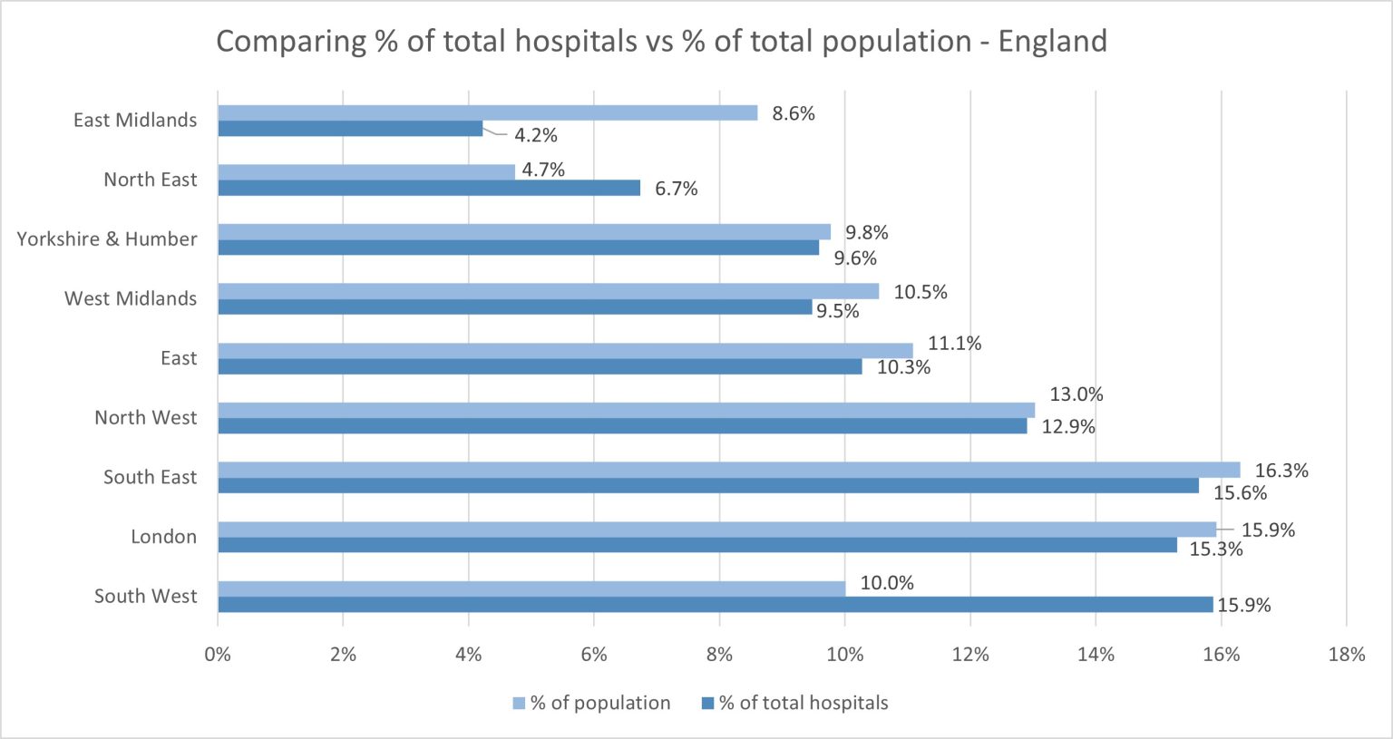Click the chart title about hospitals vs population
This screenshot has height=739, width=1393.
[661, 42]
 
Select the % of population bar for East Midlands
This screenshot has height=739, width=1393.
[487, 112]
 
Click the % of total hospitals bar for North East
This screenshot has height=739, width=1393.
[429, 188]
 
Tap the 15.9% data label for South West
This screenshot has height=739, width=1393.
[1243, 606]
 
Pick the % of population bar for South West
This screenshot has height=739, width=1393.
[531, 588]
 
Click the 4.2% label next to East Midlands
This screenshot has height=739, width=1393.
[536, 136]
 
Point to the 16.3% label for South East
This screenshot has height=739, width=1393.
[1281, 471]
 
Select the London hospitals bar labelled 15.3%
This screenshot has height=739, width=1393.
[697, 545]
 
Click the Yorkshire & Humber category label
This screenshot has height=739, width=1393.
[107, 239]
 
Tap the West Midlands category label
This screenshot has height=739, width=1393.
[131, 298]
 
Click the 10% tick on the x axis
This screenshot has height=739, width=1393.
[844, 655]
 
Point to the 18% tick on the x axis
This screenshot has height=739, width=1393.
[1346, 655]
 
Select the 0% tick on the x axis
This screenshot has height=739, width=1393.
[218, 655]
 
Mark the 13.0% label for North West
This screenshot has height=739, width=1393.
[1076, 394]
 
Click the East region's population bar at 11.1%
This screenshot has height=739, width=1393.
[565, 351]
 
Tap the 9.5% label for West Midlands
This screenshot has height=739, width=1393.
[837, 311]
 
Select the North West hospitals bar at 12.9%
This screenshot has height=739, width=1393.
[622, 426]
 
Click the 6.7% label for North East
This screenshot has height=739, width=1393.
[677, 189]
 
